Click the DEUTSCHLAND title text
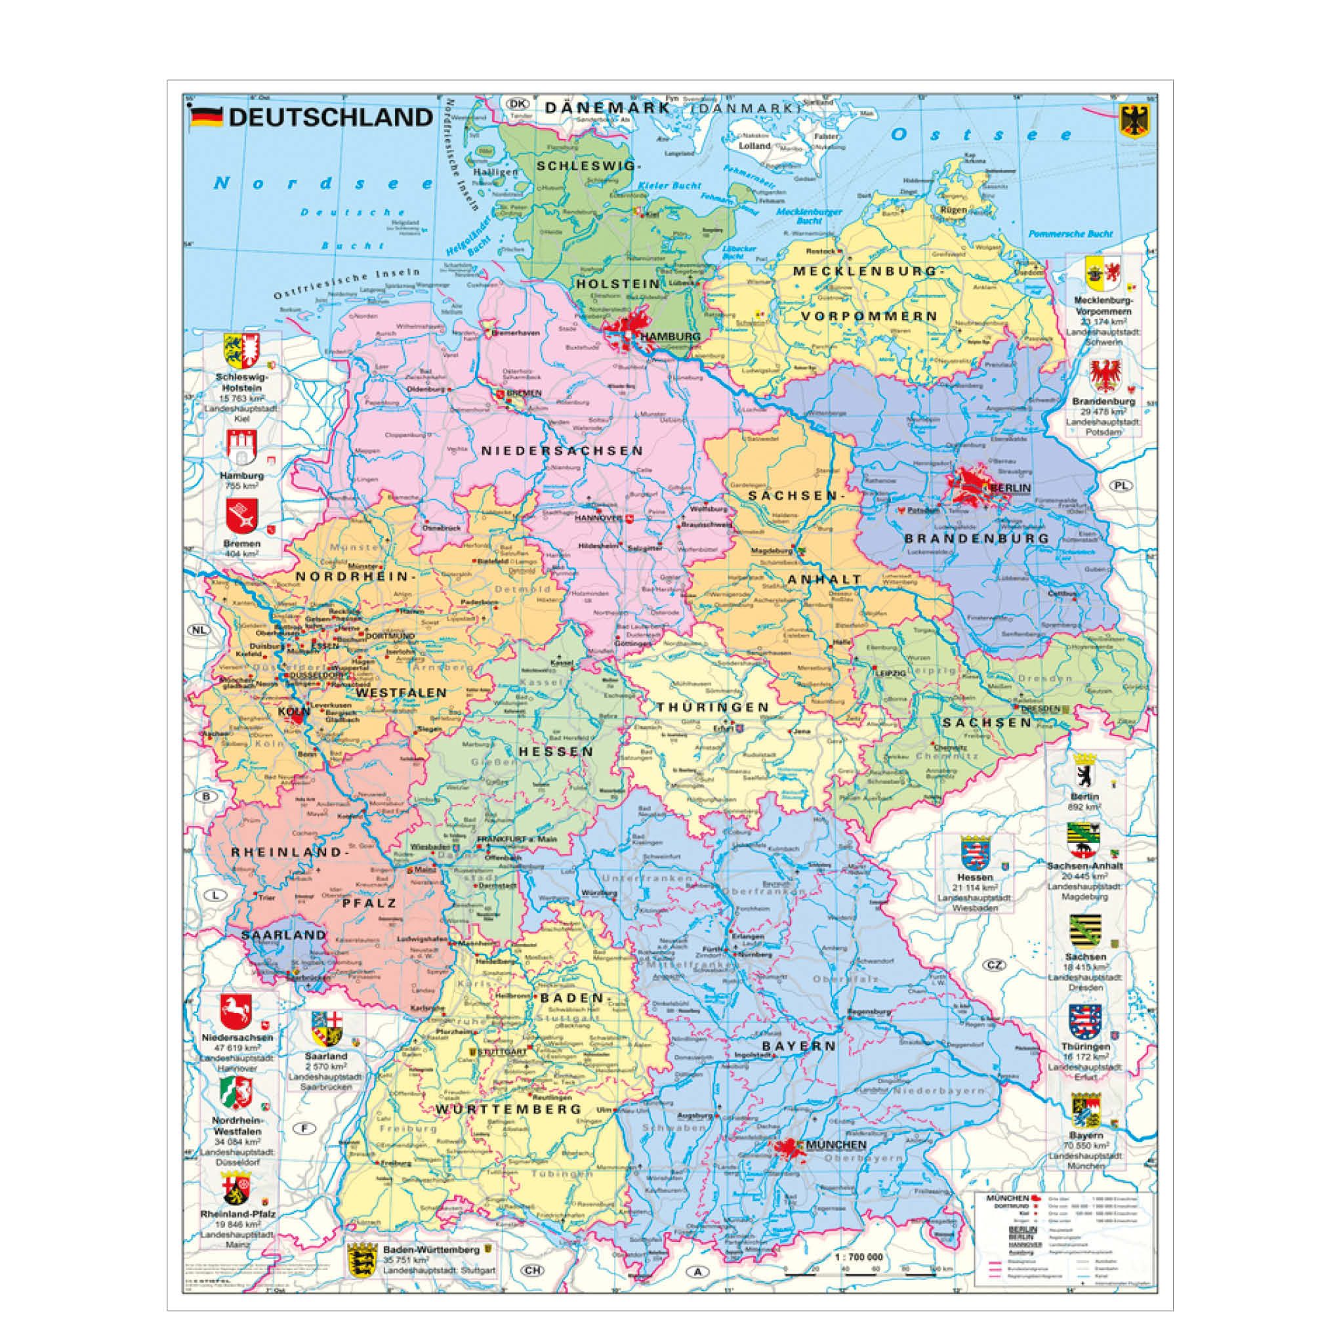tap(331, 117)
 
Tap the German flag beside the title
tap(206, 117)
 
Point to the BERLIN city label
tap(1010, 488)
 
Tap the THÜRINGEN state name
tap(713, 707)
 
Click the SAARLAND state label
tap(283, 935)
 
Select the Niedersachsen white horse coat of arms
tap(236, 1012)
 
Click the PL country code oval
tap(1121, 485)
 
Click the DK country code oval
tap(516, 104)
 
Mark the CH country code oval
tap(531, 1270)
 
